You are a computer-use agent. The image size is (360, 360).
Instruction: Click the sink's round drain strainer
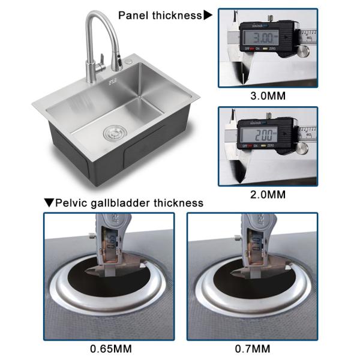[x=112, y=133]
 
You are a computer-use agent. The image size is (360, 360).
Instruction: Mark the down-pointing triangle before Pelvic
[x=49, y=203]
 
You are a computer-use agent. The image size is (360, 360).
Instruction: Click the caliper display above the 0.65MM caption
[x=111, y=244]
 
